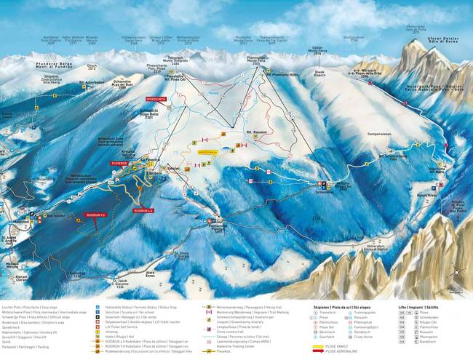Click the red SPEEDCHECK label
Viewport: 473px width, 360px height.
156,97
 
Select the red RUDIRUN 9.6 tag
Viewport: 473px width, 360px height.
97,215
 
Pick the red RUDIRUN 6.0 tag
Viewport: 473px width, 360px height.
143,210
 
